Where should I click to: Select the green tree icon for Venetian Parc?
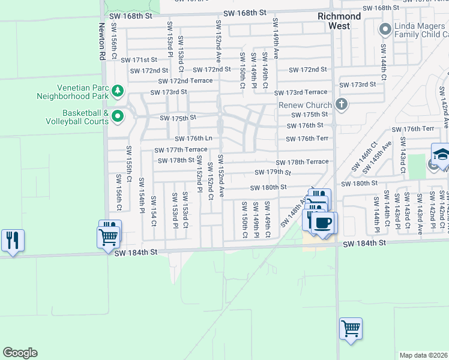coord(118,91)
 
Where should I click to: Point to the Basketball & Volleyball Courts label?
coord(77,116)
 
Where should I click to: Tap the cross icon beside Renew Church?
coord(342,105)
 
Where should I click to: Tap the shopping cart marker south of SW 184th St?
coord(351,329)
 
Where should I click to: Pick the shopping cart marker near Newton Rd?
coord(108,236)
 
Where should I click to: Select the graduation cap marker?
coord(441,154)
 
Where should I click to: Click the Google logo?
coord(20,353)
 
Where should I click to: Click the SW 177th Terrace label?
coord(181,150)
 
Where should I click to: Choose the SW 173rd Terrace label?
coord(301,92)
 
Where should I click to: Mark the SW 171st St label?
coord(139,60)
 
